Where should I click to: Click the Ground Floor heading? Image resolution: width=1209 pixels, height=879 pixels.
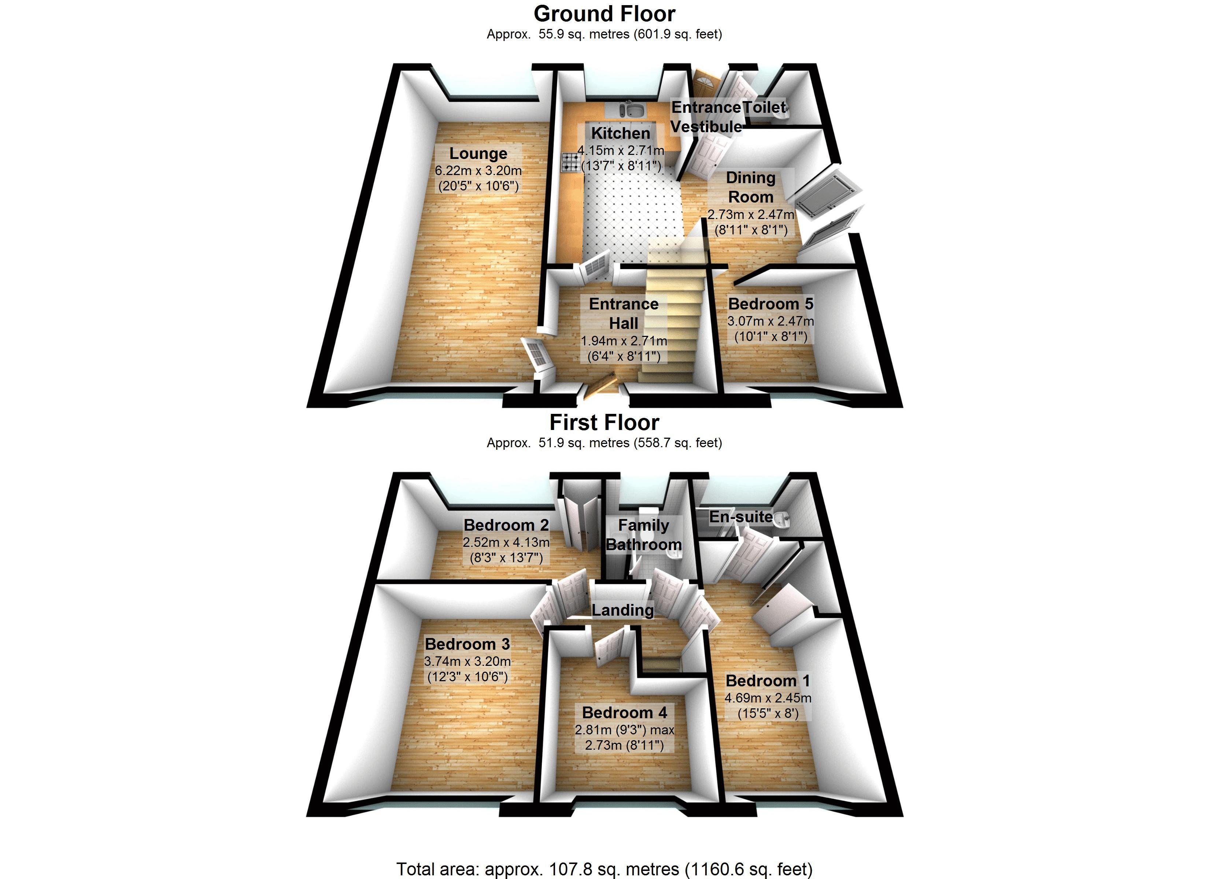point(604,14)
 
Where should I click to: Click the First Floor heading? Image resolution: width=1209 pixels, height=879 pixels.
point(604,423)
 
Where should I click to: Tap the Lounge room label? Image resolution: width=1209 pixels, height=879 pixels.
point(478,153)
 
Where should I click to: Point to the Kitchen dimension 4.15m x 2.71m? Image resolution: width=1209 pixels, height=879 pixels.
point(621,150)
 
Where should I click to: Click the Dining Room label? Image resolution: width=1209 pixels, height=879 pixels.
point(751,187)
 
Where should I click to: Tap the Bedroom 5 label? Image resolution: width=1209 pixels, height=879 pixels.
point(770,304)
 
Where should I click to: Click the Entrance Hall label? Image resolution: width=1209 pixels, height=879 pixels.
point(623,314)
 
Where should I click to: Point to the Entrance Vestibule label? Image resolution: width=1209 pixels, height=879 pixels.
point(706,117)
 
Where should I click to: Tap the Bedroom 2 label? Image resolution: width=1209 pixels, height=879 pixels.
point(506,525)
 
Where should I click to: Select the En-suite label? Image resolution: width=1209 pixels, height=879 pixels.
point(740,516)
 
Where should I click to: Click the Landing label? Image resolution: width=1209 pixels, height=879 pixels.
point(622,610)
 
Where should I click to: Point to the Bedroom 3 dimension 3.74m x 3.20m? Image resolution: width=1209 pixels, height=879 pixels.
point(467,661)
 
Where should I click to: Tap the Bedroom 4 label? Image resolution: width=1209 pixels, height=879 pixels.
point(624,713)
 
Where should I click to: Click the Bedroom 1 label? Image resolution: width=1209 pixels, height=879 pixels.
point(768,681)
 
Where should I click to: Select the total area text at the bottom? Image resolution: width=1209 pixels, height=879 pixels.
point(604,869)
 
